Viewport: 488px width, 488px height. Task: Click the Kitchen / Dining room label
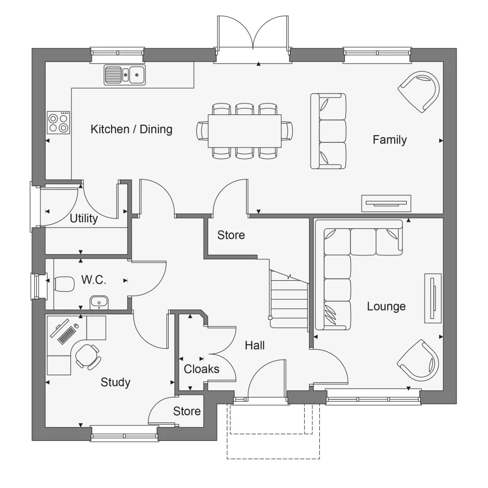click(131, 129)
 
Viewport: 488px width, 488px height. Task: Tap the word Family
click(389, 140)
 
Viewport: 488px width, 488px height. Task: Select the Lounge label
click(386, 306)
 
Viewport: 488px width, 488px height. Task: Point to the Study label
click(115, 382)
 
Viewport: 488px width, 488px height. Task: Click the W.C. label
click(94, 280)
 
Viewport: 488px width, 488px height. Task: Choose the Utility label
click(84, 219)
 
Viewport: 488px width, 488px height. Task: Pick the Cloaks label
click(202, 369)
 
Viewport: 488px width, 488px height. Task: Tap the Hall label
click(254, 345)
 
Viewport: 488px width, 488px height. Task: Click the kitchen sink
click(125, 74)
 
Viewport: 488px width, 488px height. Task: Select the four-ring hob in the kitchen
click(59, 122)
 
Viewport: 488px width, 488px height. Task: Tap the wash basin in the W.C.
click(98, 301)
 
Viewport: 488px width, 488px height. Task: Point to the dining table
click(246, 131)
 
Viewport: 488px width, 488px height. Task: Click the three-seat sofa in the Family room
click(329, 131)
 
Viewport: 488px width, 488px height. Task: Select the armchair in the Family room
click(419, 91)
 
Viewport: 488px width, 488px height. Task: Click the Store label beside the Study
click(187, 412)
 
